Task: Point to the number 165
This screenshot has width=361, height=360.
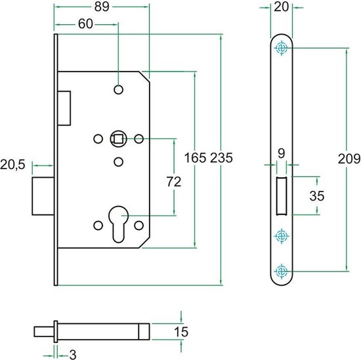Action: [195, 159]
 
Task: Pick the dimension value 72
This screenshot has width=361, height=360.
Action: [173, 184]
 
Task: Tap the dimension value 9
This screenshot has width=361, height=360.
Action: [281, 153]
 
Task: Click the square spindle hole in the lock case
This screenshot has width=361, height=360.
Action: [118, 138]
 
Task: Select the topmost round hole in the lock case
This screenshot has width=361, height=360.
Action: [118, 89]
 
